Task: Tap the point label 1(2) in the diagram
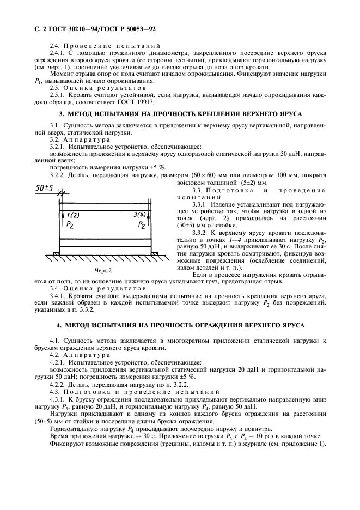[72, 215]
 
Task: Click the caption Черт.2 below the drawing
[103, 270]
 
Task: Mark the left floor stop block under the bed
[56, 253]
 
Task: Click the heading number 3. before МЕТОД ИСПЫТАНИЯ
[62, 114]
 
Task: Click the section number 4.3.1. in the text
[59, 399]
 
